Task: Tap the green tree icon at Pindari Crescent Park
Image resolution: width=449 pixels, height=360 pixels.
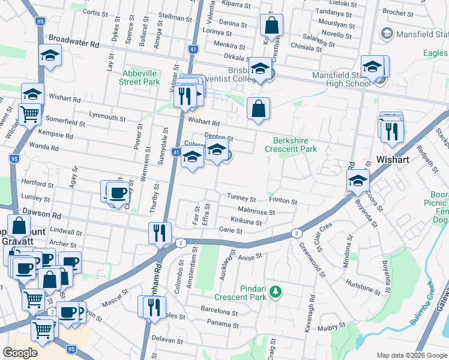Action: click(x=276, y=292)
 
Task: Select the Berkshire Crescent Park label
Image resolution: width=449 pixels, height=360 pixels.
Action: click(x=291, y=144)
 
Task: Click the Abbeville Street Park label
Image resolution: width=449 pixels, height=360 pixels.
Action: click(x=139, y=77)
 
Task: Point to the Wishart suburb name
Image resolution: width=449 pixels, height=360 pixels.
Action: click(x=393, y=160)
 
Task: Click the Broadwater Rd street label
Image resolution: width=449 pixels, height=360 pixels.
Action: click(x=74, y=40)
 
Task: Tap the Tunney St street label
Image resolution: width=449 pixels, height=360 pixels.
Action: click(x=241, y=198)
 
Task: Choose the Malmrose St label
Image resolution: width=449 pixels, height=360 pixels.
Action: click(x=256, y=212)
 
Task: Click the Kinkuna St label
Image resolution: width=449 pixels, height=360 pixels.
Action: click(x=246, y=222)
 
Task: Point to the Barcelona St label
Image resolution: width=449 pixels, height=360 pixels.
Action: click(x=219, y=311)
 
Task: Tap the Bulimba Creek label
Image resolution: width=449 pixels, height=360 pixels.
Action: click(x=430, y=308)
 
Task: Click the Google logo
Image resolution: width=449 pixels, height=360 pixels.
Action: click(x=20, y=353)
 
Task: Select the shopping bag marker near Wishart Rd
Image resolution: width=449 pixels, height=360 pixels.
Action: click(x=258, y=109)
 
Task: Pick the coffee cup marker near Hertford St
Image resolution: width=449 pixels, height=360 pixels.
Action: click(x=117, y=193)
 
